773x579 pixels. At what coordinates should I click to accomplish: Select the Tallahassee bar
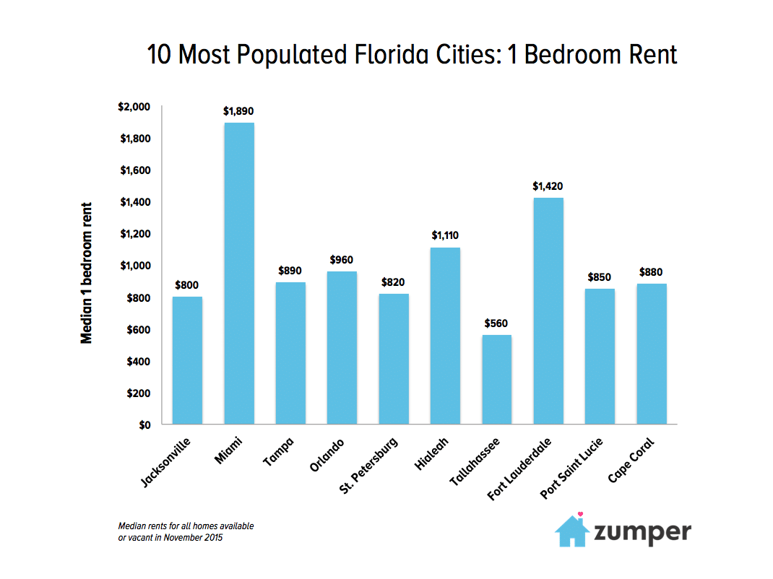point(497,379)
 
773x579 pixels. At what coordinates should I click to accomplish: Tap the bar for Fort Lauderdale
point(548,310)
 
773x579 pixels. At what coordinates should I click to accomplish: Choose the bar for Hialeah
point(445,336)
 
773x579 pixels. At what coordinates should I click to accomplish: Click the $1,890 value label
point(239,112)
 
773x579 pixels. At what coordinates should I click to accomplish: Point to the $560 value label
point(497,323)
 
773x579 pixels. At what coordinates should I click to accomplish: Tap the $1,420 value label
point(548,186)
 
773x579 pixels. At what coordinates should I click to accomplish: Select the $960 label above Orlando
point(342,259)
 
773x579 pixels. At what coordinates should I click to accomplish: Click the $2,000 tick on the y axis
point(134,107)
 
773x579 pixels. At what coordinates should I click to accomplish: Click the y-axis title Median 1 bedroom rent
point(87,272)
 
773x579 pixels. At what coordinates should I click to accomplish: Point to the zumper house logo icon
point(572,531)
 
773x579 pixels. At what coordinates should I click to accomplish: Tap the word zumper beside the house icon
point(642,533)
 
